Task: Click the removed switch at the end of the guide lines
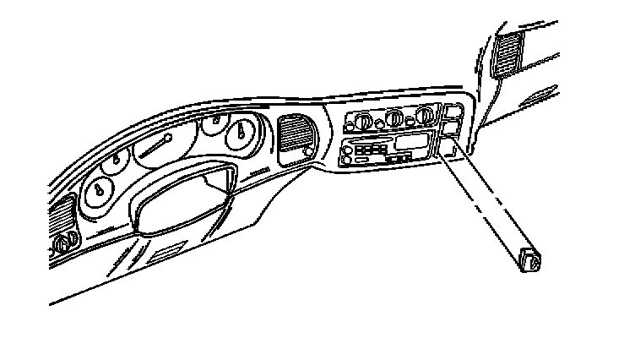coord(530,262)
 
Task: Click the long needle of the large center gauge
coord(152,150)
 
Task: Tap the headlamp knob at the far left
coord(62,247)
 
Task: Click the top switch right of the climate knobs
coord(452,110)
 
